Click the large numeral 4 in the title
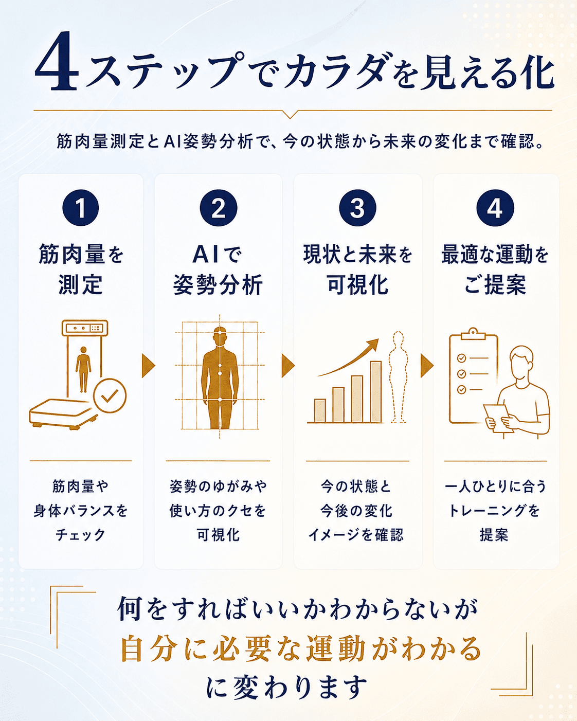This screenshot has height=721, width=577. tap(57, 61)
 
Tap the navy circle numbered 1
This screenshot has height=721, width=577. tap(80, 208)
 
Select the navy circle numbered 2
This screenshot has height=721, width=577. tap(219, 208)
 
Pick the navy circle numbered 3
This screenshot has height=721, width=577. tap(357, 208)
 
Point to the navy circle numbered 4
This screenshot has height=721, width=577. tap(495, 208)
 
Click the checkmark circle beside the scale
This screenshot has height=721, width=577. tap(110, 395)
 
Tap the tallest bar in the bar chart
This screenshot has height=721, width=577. tap(375, 392)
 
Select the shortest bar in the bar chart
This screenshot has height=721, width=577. tap(320, 411)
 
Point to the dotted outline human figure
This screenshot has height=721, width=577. tap(398, 377)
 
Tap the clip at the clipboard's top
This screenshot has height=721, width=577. tap(473, 334)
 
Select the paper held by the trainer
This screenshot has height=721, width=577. tap(498, 418)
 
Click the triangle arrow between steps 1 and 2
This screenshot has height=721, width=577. tap(148, 366)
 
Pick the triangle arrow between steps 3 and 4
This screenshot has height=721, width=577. tap(427, 366)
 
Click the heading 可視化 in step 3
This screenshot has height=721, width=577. tap(357, 285)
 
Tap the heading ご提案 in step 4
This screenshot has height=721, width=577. tap(495, 285)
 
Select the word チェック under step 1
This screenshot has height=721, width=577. tap(80, 535)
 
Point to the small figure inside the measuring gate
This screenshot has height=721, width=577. tap(83, 369)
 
